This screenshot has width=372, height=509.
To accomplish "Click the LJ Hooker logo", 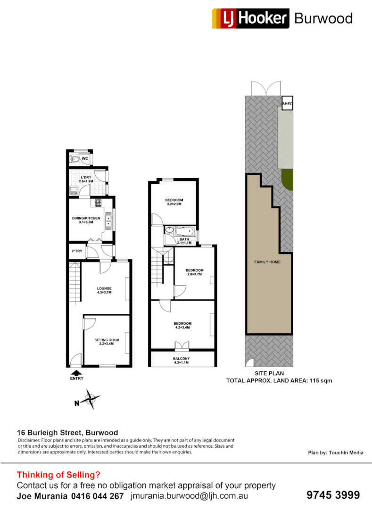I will click(250, 18).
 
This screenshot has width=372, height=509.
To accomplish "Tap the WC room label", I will click(85, 158).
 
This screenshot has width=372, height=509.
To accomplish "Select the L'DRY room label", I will click(86, 179).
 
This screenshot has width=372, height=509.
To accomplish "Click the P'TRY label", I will click(77, 251).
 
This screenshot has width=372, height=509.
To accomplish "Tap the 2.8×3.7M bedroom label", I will click(194, 272).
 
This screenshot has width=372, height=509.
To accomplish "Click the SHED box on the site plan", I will click(287, 104).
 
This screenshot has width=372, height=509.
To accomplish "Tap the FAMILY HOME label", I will click(267, 262).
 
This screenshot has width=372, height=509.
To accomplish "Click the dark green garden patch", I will click(287, 180).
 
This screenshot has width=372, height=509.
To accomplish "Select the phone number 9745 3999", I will click(333, 495).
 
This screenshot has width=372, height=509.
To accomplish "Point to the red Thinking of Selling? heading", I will click(58, 475).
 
